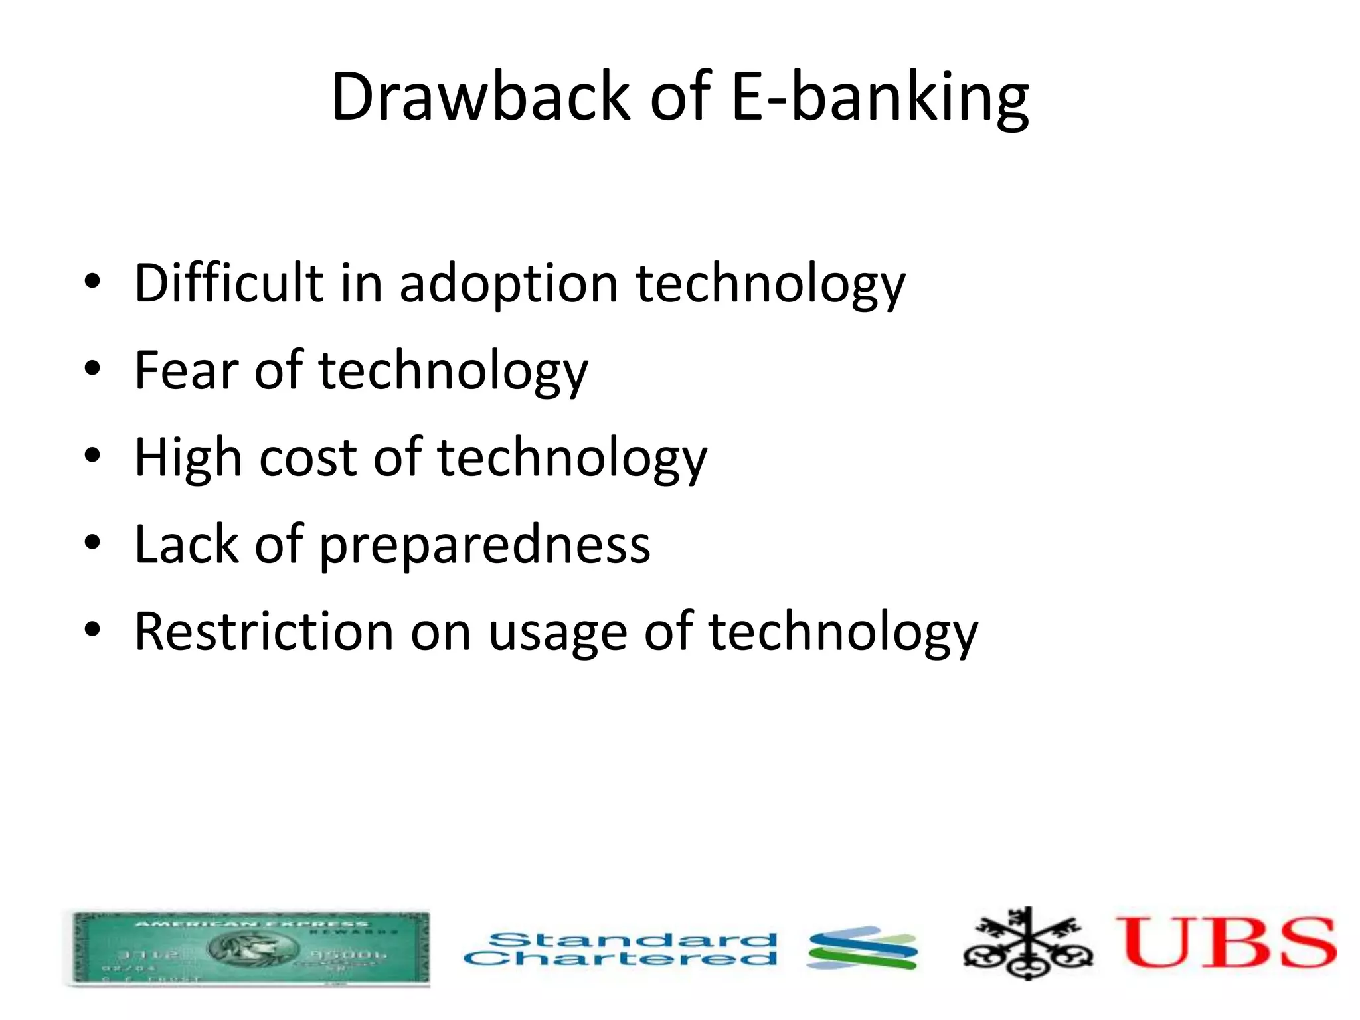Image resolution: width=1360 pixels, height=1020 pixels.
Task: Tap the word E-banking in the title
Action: coord(879,97)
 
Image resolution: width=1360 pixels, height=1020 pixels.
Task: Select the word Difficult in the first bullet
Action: coord(228,283)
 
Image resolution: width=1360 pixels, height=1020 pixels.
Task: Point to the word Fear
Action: coord(186,370)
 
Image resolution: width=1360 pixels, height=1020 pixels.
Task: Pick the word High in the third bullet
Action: coord(188,458)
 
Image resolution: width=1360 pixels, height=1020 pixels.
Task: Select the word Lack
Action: coord(186,544)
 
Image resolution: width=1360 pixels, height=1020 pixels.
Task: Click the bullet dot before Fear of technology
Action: coord(92,368)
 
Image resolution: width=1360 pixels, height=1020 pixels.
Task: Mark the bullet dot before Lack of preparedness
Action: coord(92,542)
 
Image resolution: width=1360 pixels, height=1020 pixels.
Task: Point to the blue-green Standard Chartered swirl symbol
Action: coord(862,948)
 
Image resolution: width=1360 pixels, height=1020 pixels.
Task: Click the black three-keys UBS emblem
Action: coord(1027,944)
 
